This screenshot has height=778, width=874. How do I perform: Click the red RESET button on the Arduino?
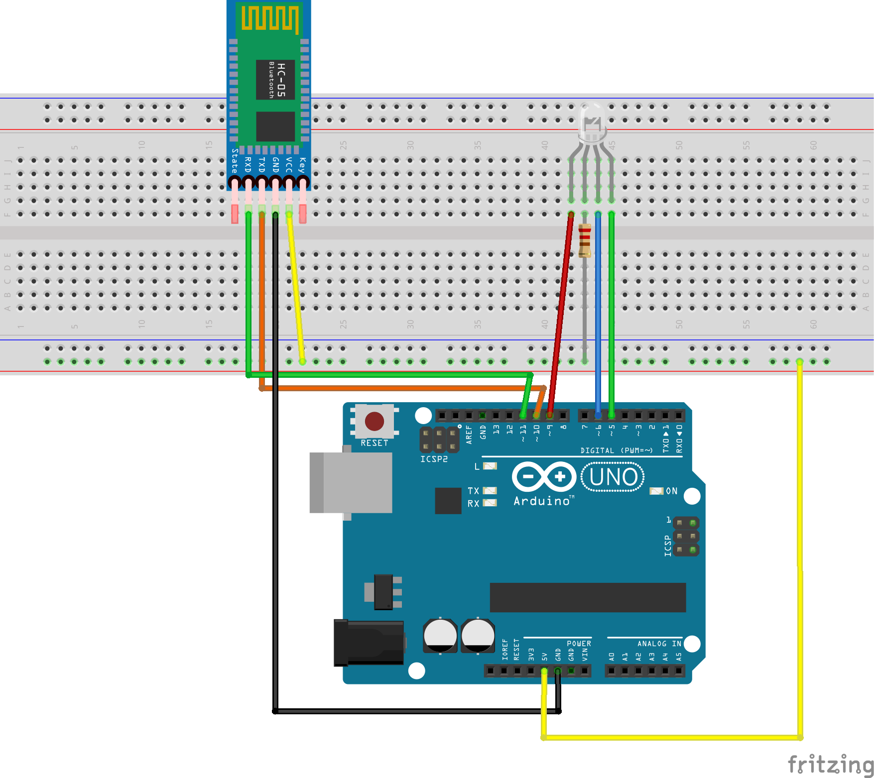click(x=374, y=421)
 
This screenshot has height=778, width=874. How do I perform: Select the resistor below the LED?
click(x=585, y=240)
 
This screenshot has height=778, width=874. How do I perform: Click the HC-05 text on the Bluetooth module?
click(x=281, y=80)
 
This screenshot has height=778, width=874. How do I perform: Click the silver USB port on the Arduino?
click(x=351, y=482)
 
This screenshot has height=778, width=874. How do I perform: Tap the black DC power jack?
click(x=369, y=642)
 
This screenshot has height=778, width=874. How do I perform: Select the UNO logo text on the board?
click(x=613, y=477)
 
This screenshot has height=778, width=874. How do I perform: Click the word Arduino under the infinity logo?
click(x=542, y=501)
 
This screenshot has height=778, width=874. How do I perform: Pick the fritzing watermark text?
click(x=830, y=764)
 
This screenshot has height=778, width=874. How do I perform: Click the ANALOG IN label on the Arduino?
click(x=659, y=644)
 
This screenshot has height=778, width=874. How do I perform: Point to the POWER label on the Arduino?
click(x=579, y=644)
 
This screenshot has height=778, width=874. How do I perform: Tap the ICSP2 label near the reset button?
click(x=434, y=459)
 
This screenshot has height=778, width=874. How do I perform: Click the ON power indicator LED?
click(x=656, y=491)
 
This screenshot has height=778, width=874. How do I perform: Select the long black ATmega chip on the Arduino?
click(x=588, y=597)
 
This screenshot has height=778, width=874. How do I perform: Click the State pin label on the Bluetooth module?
click(x=235, y=160)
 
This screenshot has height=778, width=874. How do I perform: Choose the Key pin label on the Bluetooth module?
click(x=302, y=164)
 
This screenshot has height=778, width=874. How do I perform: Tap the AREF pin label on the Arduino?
click(x=469, y=435)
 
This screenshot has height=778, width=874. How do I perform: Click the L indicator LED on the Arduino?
click(x=490, y=466)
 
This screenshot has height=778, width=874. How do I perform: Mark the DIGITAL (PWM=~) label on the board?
click(x=616, y=450)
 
